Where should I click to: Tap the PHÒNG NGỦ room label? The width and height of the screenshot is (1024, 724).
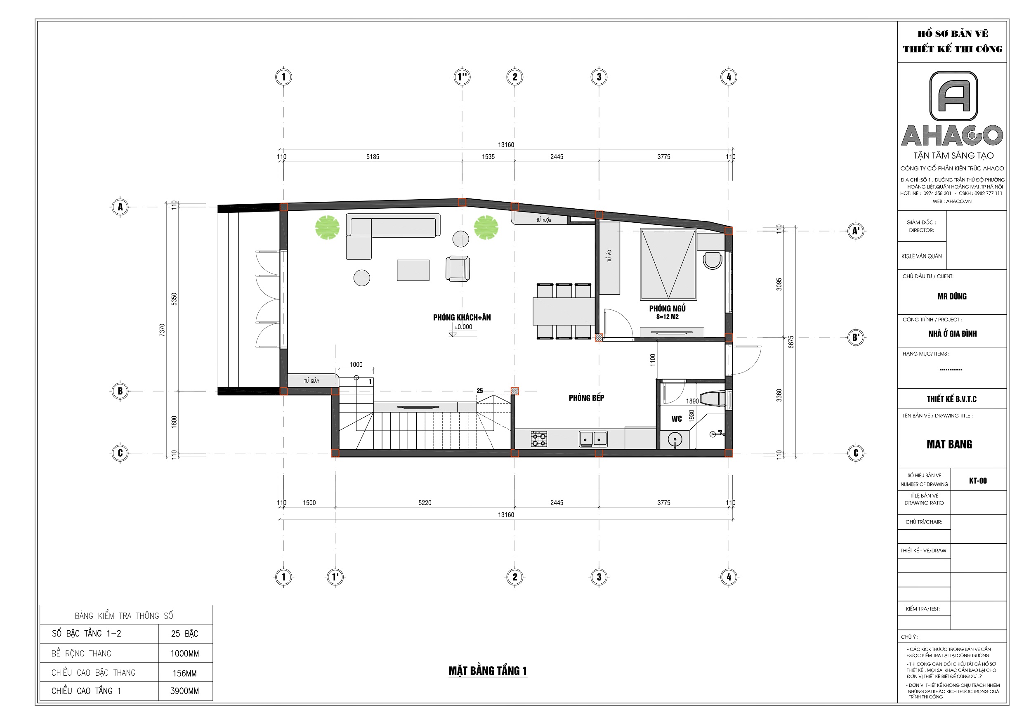pos(667,308)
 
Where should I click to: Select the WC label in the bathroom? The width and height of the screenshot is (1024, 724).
pos(677,419)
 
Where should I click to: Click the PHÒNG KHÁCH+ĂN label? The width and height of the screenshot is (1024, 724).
pos(462,318)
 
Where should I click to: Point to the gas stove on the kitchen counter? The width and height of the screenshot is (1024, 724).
pos(539,439)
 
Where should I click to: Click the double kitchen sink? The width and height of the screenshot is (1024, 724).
pos(593,439)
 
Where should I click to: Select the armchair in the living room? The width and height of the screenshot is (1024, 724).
pos(458,269)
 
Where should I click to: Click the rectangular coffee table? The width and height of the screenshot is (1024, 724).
pos(413,270)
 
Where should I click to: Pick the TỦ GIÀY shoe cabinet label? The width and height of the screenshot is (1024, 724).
pos(312,381)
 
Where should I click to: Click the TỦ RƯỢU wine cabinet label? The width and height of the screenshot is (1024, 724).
pos(544,220)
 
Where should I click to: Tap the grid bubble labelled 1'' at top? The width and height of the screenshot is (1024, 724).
pos(462,77)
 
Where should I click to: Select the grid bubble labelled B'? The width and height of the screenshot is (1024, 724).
pos(856,337)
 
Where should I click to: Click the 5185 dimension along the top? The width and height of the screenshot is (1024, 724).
pos(373,157)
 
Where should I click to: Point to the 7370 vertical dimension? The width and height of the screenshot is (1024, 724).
pos(162,330)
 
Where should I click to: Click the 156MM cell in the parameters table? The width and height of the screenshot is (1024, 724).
pos(185,673)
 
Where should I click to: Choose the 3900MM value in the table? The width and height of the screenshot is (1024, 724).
pos(185,691)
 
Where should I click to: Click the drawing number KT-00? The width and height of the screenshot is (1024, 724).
pos(978,481)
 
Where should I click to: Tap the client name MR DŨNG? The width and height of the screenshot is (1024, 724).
pos(952,296)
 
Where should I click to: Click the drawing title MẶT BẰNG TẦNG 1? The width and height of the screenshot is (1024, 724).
pos(488,671)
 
